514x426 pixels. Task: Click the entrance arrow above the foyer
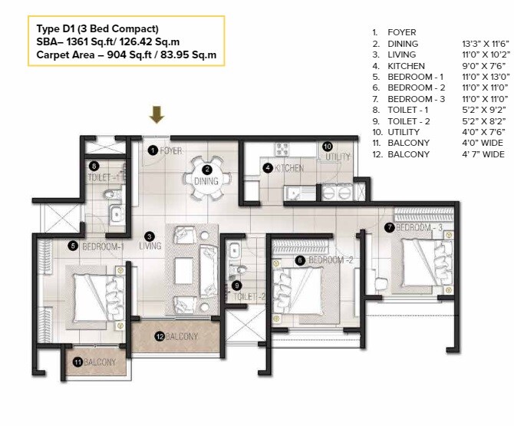[x=157, y=115]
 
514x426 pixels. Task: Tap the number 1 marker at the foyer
[x=153, y=150]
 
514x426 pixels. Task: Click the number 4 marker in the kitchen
[x=267, y=167]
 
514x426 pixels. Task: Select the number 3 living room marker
[x=150, y=236]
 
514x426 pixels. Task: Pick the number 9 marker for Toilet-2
[x=237, y=285]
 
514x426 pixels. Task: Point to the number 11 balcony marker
[x=77, y=362]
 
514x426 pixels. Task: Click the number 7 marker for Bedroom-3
[x=390, y=227]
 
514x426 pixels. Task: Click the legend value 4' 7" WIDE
[x=481, y=154]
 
